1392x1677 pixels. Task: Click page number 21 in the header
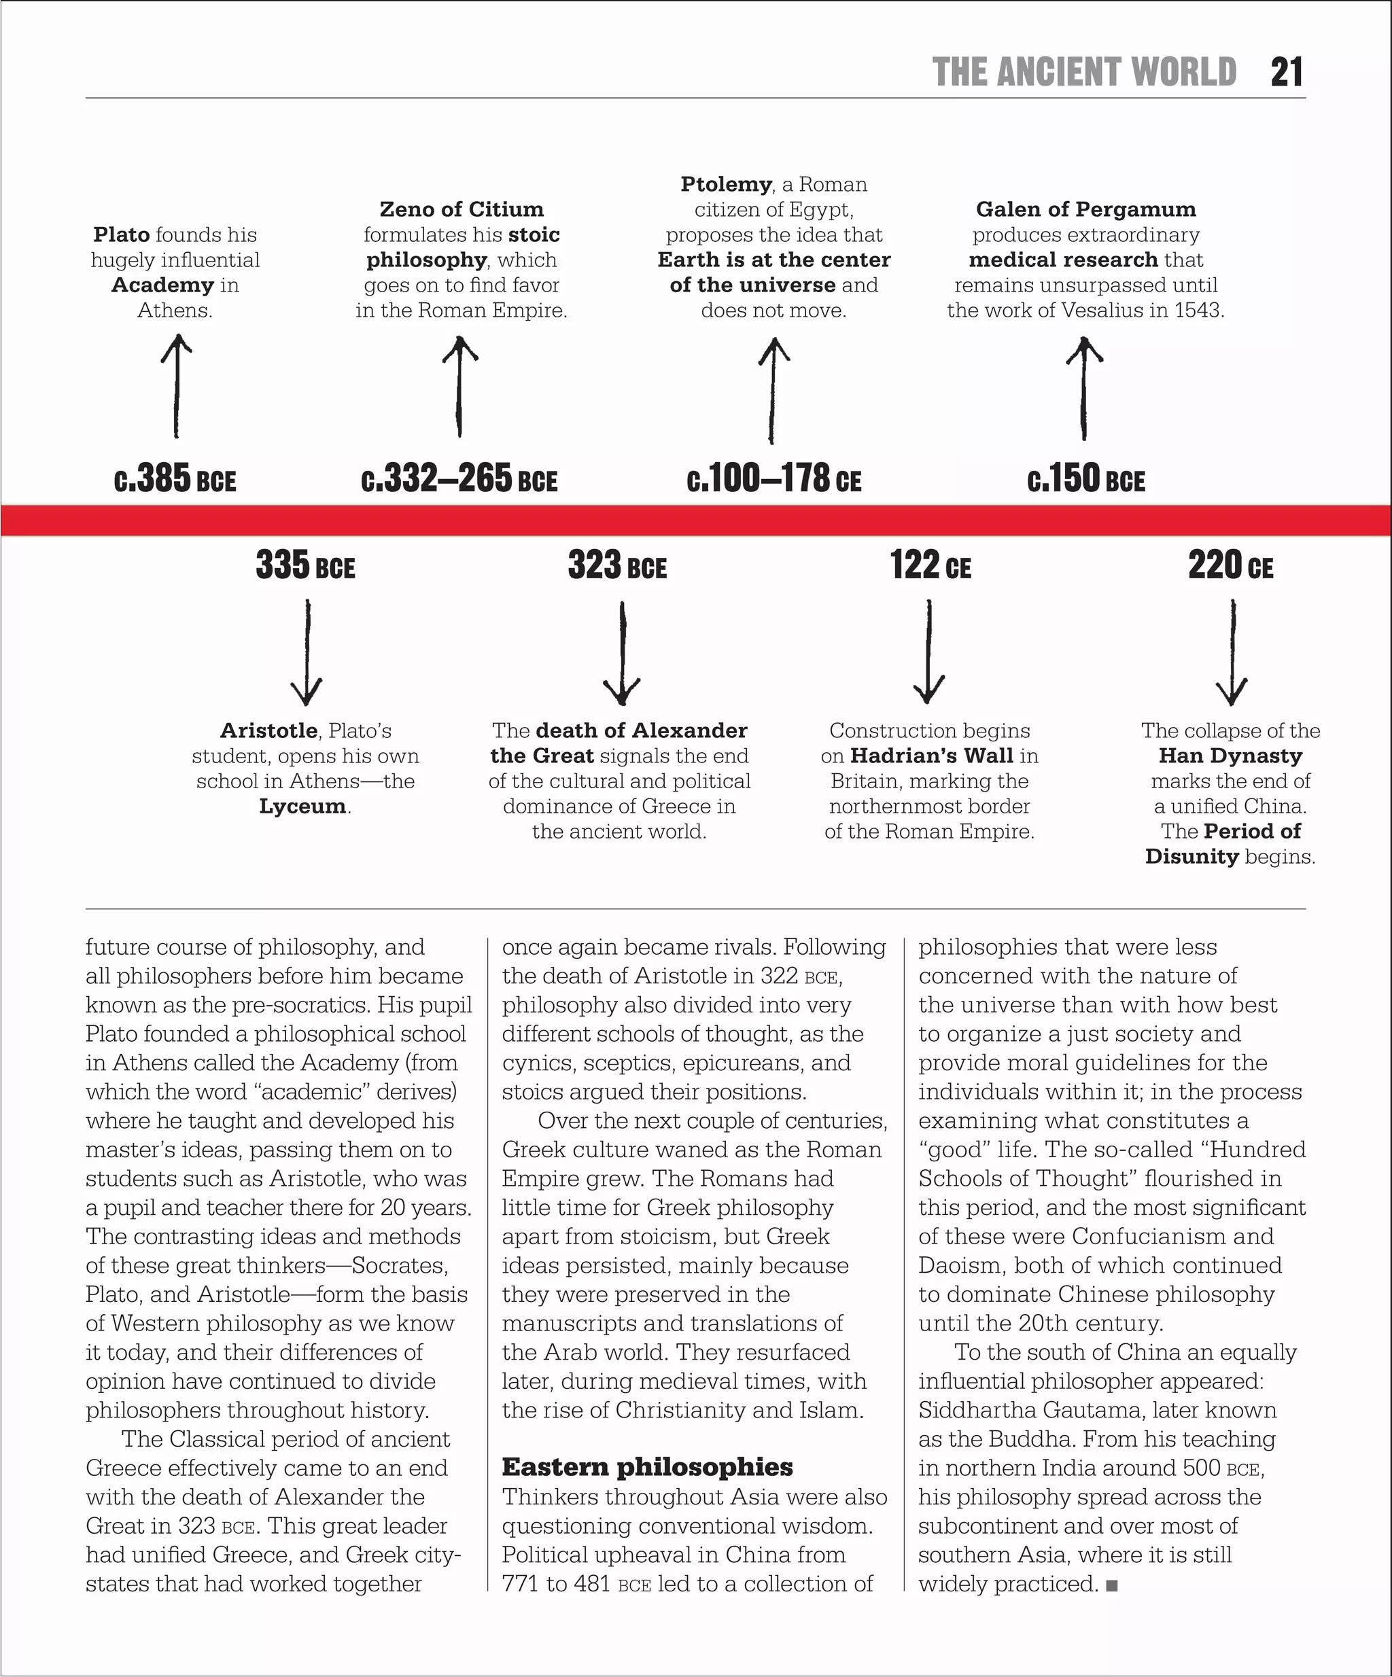tap(1286, 72)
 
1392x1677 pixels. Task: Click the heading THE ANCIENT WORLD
tap(1083, 72)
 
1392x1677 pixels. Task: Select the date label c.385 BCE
tap(175, 479)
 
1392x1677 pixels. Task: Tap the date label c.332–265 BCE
tap(459, 479)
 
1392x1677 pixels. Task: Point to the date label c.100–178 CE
tap(774, 479)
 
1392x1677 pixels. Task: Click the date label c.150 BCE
tap(1086, 479)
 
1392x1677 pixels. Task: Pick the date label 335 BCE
tap(305, 565)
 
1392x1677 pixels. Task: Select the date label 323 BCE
tap(617, 565)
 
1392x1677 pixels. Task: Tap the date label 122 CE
tap(930, 565)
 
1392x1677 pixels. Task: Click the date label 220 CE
tap(1231, 565)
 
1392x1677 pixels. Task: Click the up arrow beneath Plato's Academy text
tap(177, 386)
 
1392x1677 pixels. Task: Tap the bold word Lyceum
tap(302, 806)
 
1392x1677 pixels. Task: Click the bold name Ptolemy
tap(726, 184)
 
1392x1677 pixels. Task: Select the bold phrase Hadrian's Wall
tap(931, 756)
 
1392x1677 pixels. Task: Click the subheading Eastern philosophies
tap(647, 1467)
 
